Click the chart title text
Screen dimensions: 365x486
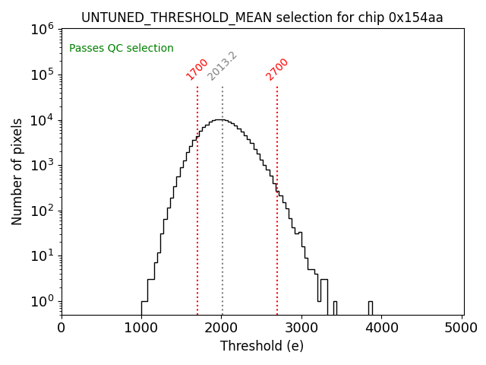(x=262, y=17)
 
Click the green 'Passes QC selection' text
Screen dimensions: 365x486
(x=121, y=49)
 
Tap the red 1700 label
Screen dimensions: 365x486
(x=197, y=68)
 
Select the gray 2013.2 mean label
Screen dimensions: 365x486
(x=222, y=66)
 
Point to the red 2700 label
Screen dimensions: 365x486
(x=277, y=68)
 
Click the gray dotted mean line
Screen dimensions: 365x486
(x=222, y=228)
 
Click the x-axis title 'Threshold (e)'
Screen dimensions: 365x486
(x=262, y=346)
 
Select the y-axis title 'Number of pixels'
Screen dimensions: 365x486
(x=17, y=171)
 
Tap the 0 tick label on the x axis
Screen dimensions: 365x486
(x=62, y=328)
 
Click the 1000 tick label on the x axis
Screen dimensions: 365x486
(x=141, y=328)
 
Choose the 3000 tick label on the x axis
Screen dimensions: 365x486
(x=301, y=328)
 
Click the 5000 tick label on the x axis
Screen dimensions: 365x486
(x=462, y=328)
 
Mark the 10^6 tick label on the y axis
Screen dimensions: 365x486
(x=42, y=29)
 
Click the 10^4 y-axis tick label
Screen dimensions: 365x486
(x=42, y=119)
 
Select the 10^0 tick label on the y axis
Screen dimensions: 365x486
(x=42, y=301)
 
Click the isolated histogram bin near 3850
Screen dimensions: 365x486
(x=371, y=308)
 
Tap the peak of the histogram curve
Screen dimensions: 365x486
(x=220, y=119)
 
